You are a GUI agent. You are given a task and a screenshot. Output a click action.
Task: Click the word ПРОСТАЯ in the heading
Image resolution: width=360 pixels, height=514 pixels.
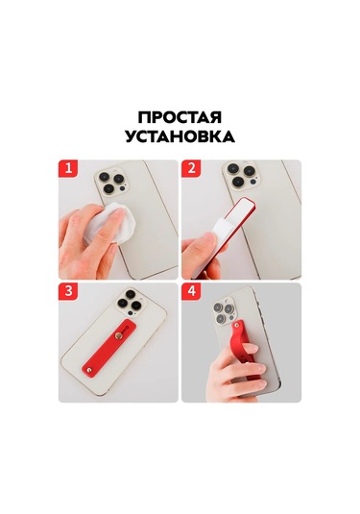(x=180, y=116)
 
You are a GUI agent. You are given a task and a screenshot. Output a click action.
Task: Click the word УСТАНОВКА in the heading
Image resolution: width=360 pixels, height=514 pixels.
(x=180, y=136)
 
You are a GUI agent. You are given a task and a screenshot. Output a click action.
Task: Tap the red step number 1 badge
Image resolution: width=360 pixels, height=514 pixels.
(x=69, y=170)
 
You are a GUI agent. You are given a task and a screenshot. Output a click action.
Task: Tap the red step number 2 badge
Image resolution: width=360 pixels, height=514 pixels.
(x=192, y=170)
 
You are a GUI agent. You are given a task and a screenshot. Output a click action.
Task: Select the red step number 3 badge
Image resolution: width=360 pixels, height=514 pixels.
(x=69, y=292)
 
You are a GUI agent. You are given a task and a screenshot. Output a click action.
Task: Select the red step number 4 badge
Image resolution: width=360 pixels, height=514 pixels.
(x=192, y=292)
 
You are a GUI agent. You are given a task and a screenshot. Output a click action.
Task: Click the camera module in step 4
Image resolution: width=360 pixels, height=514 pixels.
(x=222, y=307)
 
